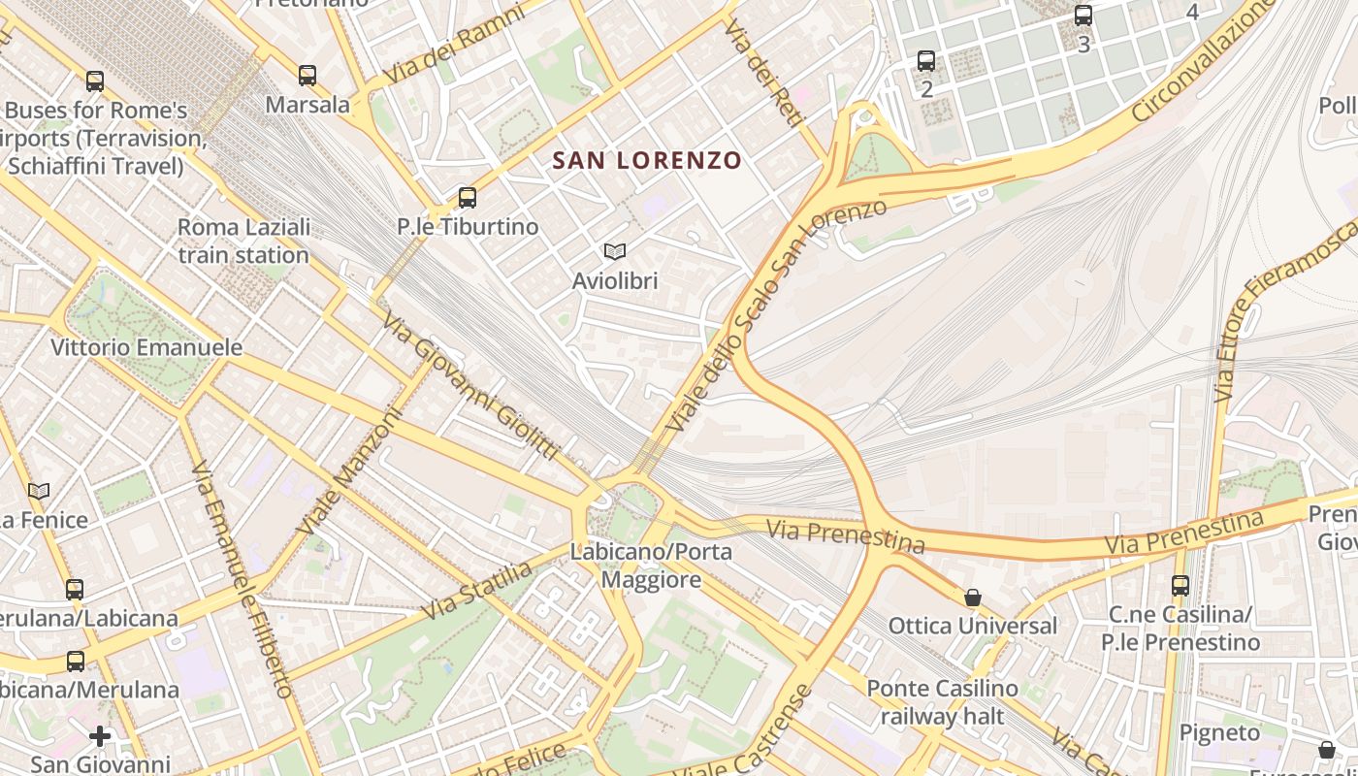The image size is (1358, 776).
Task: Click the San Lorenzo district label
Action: coord(647,160)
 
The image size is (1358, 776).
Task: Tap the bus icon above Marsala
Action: coord(307,75)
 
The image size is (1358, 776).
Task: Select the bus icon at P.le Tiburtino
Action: coord(468,198)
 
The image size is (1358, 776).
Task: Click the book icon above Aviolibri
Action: coord(614,252)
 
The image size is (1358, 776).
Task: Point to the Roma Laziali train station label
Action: coord(243,241)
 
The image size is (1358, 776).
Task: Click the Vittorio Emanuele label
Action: coord(146,347)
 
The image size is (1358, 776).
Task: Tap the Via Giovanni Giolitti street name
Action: coord(470,385)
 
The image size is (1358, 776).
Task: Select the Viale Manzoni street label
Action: coord(350,470)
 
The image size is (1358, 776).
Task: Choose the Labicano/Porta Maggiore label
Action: coord(651,566)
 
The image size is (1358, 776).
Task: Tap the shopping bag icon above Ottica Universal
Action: coord(972,598)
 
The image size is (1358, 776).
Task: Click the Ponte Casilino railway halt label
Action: coord(942,702)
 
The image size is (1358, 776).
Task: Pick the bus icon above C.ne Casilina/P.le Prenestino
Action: coord(1180,586)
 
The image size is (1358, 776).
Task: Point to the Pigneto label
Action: coord(1220,732)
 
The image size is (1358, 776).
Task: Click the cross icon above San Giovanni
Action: coord(100,736)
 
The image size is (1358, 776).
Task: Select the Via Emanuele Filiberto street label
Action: coord(242,579)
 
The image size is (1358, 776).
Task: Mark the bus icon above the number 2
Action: coord(926,61)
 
